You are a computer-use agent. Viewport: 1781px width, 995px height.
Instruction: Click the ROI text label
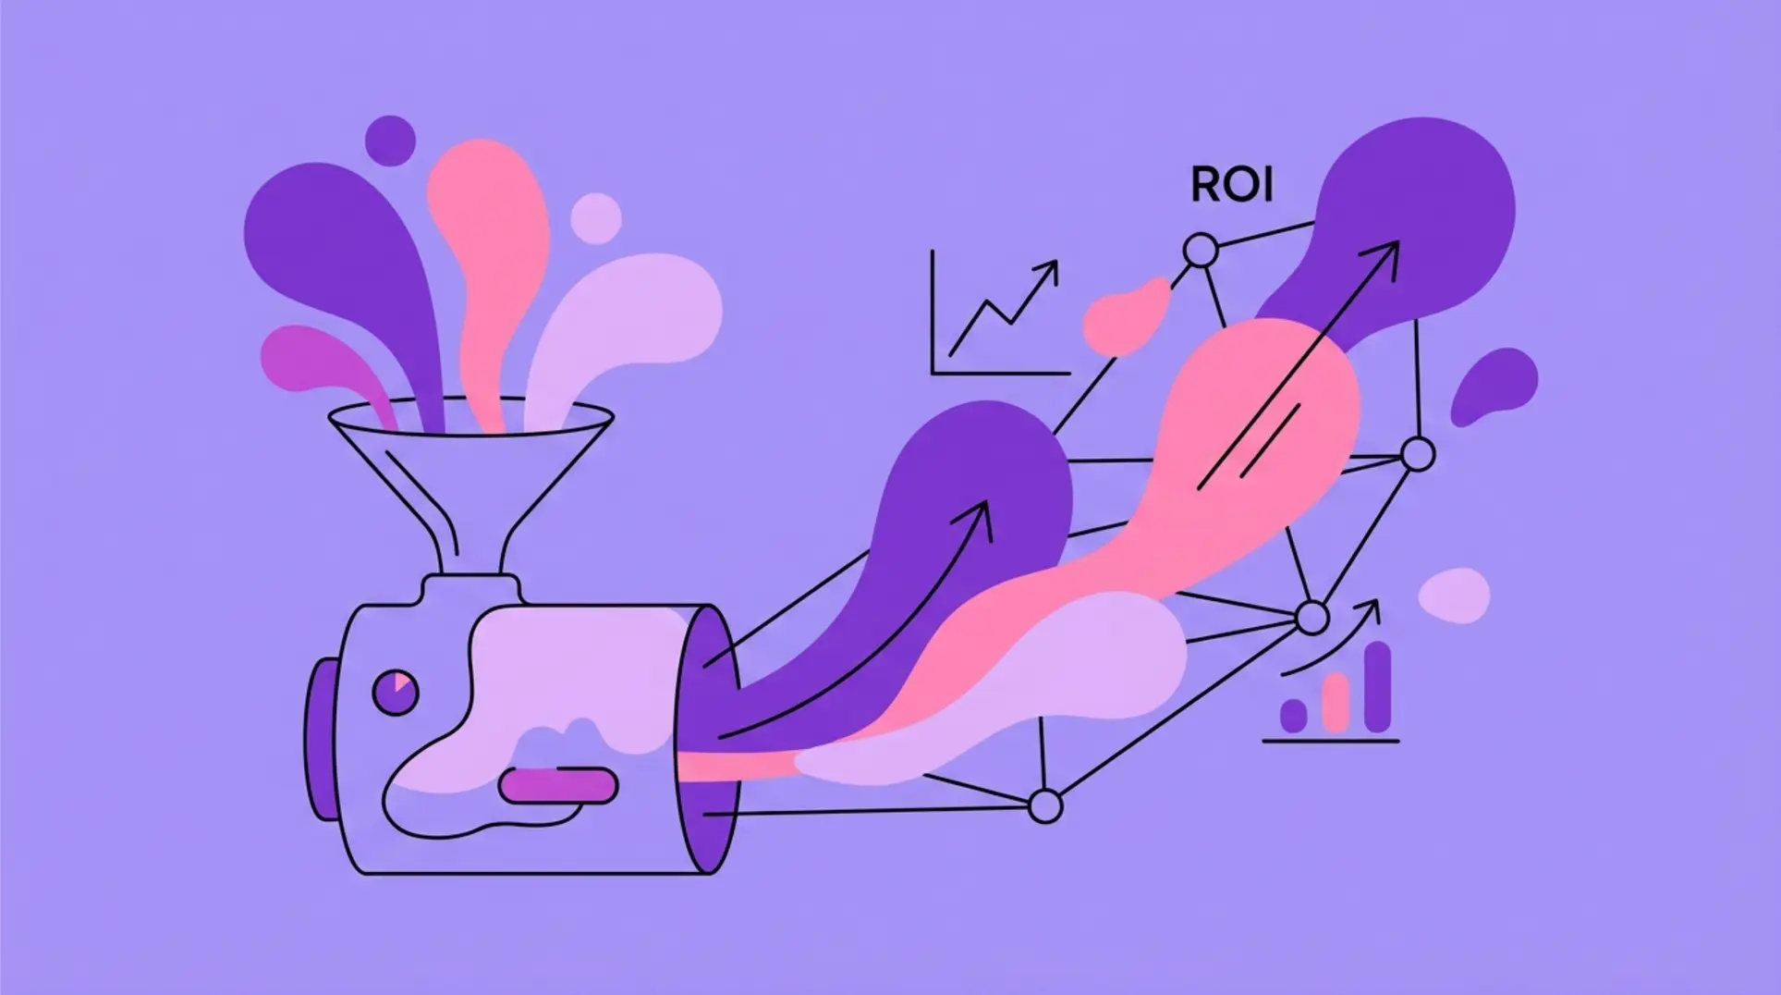1231,186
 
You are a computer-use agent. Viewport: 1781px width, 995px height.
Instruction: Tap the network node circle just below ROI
1201,250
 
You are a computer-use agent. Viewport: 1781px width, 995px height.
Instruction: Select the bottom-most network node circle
1045,805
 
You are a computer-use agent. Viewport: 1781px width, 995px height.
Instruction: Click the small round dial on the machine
395,692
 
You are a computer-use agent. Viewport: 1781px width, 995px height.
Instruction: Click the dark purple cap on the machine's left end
317,739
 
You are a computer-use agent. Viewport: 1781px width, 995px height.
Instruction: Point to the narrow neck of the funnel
471,546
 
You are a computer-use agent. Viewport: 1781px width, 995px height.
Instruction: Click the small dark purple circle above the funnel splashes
389,141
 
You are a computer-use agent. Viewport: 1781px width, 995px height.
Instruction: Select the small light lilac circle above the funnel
595,218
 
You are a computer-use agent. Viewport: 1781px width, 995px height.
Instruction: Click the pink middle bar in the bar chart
1336,702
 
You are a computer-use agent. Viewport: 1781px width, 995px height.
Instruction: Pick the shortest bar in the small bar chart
1293,715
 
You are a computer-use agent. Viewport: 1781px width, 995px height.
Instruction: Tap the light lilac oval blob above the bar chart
1454,595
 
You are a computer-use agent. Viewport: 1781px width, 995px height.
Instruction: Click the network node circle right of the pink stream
1417,455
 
